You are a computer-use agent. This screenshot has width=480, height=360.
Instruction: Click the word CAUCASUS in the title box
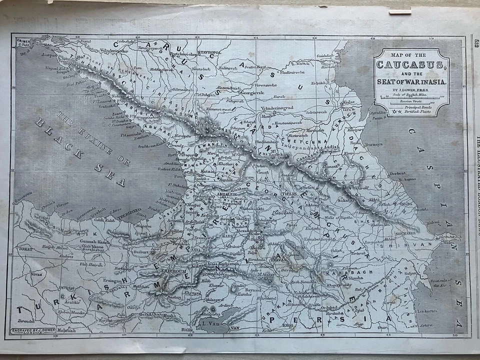click(411, 65)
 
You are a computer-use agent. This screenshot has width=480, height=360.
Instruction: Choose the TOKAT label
click(23, 247)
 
